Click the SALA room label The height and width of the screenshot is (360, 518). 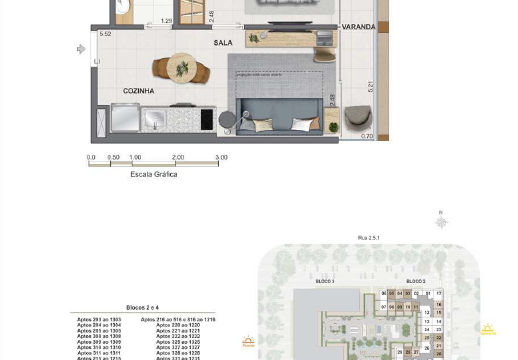tap(222, 44)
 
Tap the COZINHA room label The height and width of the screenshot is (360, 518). tap(138, 91)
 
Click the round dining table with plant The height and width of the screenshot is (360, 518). tap(180, 70)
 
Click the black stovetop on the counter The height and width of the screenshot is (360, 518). tap(207, 119)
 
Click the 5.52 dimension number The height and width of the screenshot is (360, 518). tap(104, 35)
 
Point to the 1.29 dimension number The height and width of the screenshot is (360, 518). tap(166, 20)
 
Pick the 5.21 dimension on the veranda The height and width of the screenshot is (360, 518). tap(369, 85)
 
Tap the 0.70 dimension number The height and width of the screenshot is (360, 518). tap(367, 136)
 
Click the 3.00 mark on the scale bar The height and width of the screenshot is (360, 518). tap(221, 157)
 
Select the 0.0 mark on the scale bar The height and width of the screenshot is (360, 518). tap(91, 157)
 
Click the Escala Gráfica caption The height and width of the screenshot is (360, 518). tap(154, 174)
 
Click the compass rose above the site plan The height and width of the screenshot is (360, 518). tap(441, 222)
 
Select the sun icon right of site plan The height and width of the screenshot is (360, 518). tap(489, 329)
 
